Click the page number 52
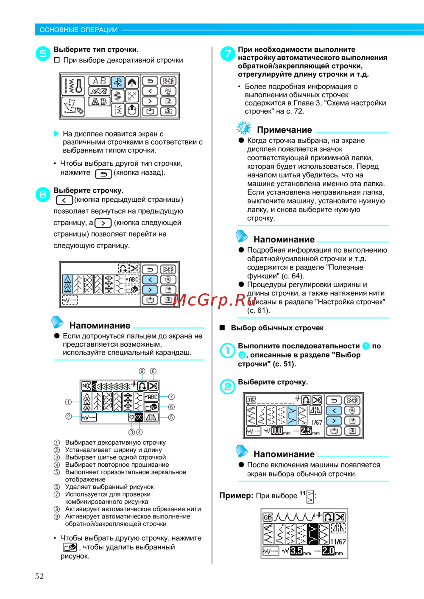(x=39, y=576)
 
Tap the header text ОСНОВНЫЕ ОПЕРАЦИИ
(x=78, y=30)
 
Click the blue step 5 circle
(x=43, y=54)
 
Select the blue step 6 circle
(x=43, y=195)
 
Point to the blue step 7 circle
(x=228, y=53)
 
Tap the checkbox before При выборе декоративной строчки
(x=57, y=60)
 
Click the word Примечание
(x=284, y=130)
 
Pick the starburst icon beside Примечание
(x=244, y=128)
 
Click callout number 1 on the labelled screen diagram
(x=68, y=402)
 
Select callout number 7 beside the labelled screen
(x=171, y=397)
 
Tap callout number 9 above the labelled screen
(x=142, y=371)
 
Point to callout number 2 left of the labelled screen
(x=69, y=416)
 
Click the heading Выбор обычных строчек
(x=277, y=328)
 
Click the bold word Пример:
(x=236, y=495)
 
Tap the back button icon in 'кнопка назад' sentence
(x=103, y=174)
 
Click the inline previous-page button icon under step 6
(x=64, y=200)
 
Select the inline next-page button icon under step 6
(x=103, y=223)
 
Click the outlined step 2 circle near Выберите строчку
(x=228, y=386)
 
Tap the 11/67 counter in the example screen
(x=338, y=541)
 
